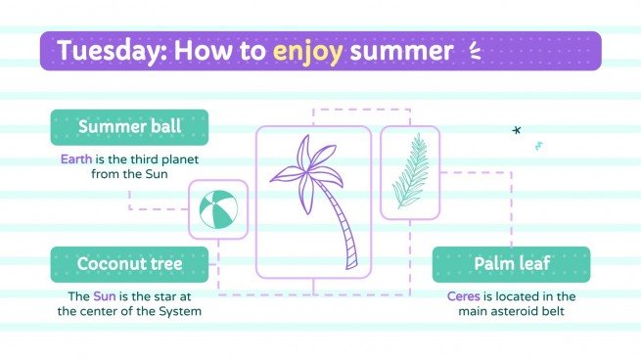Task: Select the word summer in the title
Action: point(401,50)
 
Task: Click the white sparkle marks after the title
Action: point(476,50)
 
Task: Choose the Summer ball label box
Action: point(129,127)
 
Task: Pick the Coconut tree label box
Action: point(129,264)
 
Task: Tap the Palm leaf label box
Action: point(511,264)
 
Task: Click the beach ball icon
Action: point(217,209)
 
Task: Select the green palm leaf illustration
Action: point(410,172)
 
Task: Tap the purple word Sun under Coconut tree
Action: point(105,295)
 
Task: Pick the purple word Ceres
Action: point(464,295)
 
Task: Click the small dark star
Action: point(517,130)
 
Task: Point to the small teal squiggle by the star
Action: point(538,146)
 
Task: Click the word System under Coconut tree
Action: point(179,311)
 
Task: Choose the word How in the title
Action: point(194,50)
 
